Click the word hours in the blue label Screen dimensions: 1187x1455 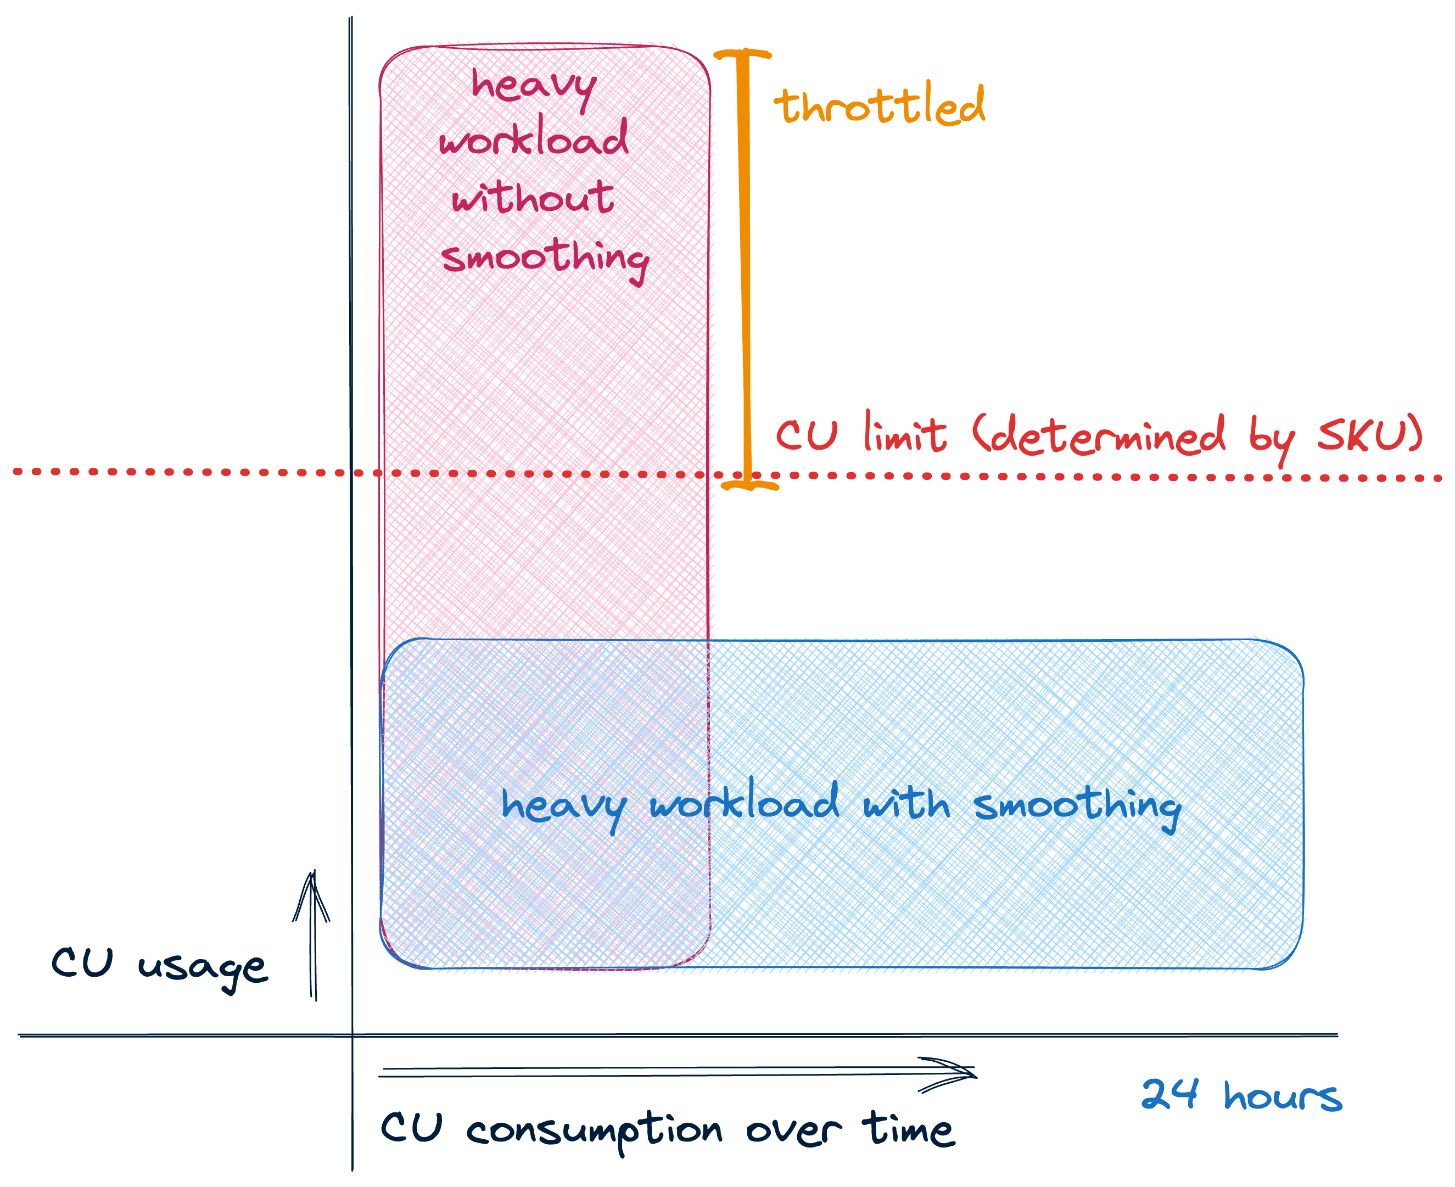1283,1097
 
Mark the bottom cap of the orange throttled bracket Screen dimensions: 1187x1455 750,485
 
